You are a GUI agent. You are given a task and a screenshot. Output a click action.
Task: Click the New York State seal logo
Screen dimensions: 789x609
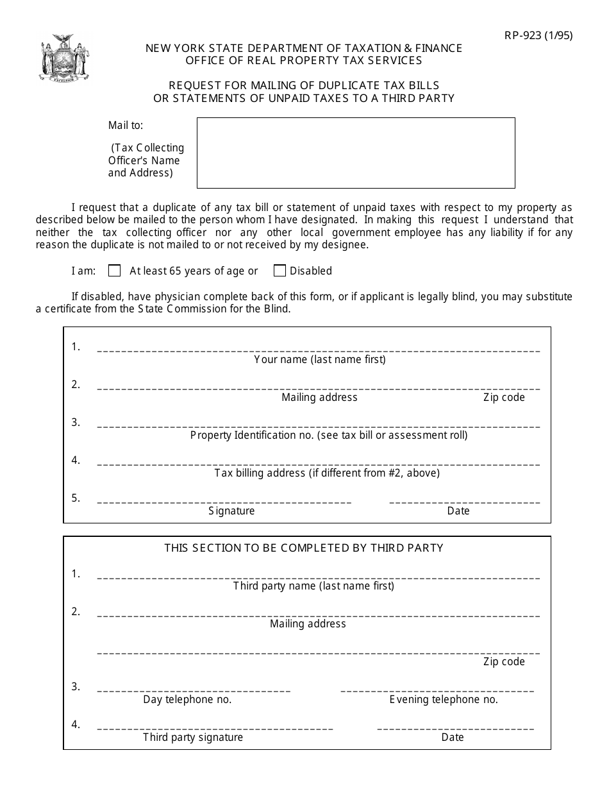click(63, 58)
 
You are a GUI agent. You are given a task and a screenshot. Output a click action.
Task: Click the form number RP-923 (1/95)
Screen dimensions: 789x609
click(538, 35)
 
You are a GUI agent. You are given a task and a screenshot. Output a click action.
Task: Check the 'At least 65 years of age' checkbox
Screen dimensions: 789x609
click(115, 271)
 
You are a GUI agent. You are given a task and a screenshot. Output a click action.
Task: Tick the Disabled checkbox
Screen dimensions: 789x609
click(279, 271)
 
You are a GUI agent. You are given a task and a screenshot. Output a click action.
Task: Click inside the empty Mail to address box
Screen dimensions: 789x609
click(355, 153)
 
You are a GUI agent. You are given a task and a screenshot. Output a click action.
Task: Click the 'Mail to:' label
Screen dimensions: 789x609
click(126, 126)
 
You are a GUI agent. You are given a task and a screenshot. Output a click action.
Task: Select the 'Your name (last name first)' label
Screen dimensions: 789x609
click(320, 359)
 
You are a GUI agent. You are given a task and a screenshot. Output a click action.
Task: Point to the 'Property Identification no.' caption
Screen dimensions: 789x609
click(329, 435)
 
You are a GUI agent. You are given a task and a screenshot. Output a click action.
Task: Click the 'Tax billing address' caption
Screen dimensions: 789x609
click(327, 473)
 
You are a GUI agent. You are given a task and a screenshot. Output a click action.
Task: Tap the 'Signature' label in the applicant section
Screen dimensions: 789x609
click(231, 511)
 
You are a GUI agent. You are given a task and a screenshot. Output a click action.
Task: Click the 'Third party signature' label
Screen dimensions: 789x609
click(193, 737)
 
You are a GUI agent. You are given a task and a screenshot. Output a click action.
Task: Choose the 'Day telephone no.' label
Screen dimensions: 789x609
click(187, 699)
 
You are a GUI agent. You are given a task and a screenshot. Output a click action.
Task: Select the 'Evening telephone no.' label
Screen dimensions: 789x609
click(444, 699)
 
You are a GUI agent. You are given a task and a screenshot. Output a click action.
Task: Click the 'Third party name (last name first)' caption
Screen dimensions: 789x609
click(313, 586)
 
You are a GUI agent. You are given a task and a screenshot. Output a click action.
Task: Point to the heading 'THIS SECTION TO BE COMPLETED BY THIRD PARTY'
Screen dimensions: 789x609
click(304, 548)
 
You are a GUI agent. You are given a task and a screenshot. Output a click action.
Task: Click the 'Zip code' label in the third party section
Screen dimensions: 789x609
click(504, 661)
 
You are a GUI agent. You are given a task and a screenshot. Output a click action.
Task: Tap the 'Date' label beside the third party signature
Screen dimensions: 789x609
click(453, 737)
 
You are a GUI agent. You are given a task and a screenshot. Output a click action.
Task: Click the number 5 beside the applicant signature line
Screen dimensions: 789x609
click(76, 498)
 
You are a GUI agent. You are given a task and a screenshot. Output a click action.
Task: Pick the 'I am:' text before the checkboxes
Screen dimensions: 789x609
click(83, 271)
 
